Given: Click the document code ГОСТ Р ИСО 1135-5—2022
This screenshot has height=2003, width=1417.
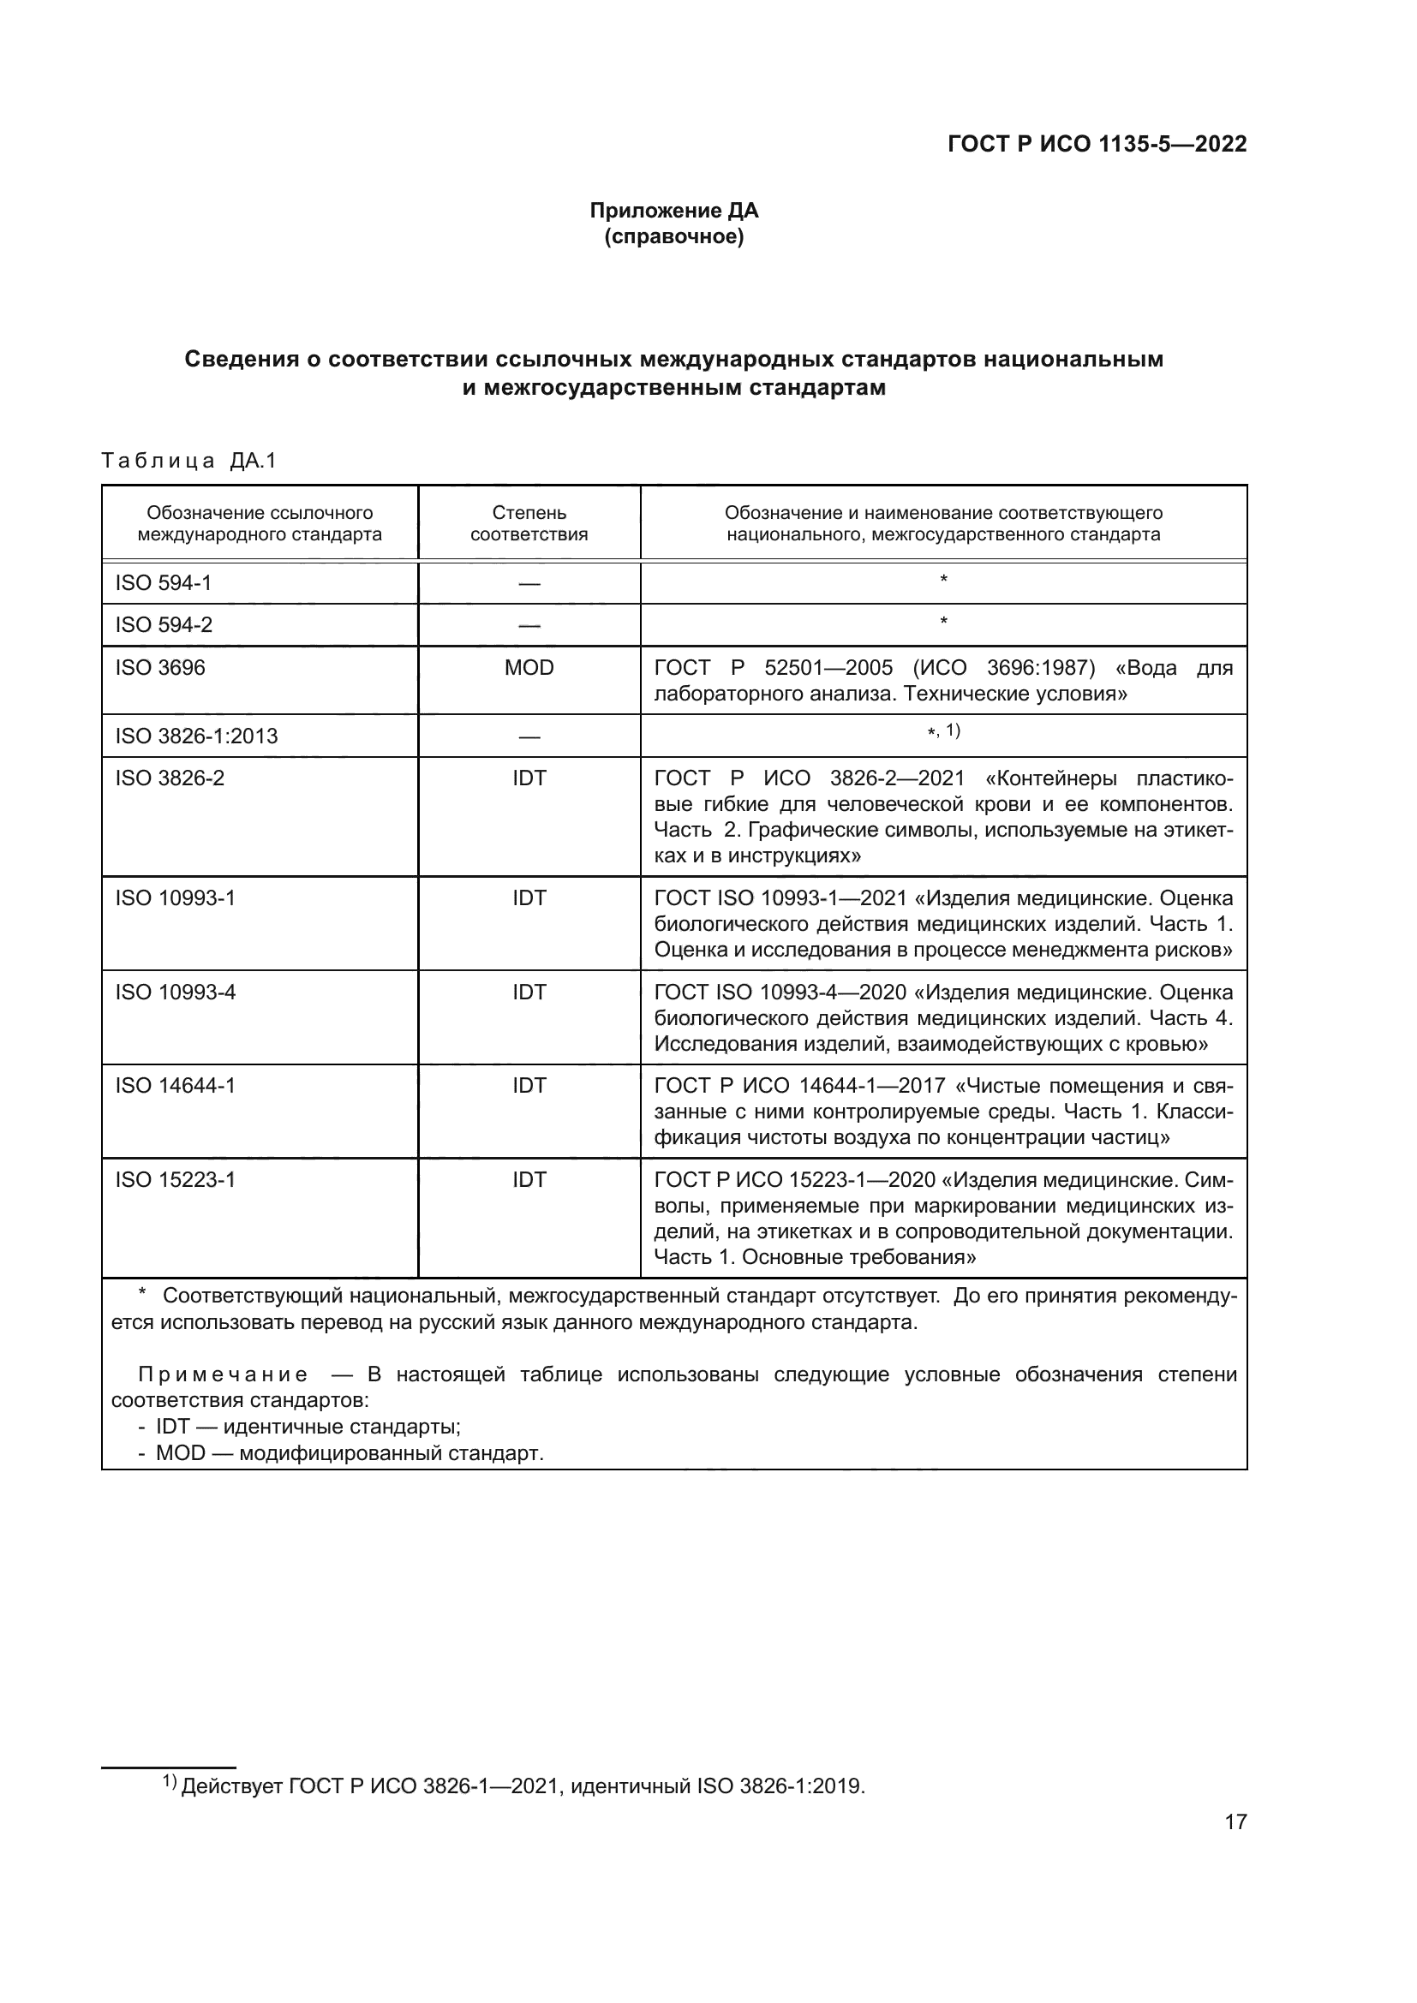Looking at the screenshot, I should click(1097, 144).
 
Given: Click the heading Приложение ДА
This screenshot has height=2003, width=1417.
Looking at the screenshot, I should click(673, 211).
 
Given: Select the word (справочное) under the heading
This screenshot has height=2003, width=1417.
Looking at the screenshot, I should click(673, 236).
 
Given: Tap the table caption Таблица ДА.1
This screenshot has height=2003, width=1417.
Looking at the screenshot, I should click(188, 461).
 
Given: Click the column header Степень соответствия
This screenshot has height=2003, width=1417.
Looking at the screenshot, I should click(529, 523).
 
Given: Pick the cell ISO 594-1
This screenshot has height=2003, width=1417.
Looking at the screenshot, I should click(163, 583).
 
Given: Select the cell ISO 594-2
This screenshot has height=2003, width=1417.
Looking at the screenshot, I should click(163, 624).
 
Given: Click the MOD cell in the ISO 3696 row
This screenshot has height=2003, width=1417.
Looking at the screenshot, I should click(529, 667).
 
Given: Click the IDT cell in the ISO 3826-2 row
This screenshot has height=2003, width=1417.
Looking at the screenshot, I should click(529, 778).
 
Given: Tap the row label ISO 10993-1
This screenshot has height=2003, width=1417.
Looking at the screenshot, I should click(176, 897).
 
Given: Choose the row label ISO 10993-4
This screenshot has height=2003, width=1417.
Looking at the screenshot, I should click(176, 992).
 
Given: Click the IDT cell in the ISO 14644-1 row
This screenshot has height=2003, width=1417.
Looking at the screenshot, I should click(529, 1085).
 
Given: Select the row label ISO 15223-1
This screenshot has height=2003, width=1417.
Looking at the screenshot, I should click(176, 1179).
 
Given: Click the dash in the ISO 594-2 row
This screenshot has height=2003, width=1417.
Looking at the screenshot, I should click(529, 625).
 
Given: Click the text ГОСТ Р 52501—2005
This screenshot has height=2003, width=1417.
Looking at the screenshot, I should click(773, 668).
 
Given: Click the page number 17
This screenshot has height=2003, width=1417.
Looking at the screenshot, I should click(1235, 1821).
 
